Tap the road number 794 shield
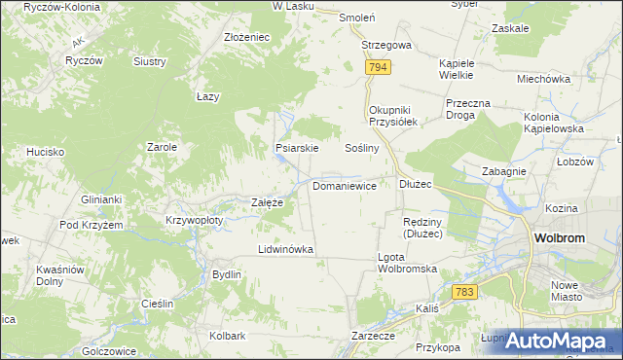tap(379, 67)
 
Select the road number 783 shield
tap(464, 292)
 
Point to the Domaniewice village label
tap(345, 185)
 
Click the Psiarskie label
tap(297, 149)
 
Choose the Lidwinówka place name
tap(285, 249)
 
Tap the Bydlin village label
tap(227, 274)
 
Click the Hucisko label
tap(46, 152)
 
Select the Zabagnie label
tap(504, 170)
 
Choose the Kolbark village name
tap(227, 336)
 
